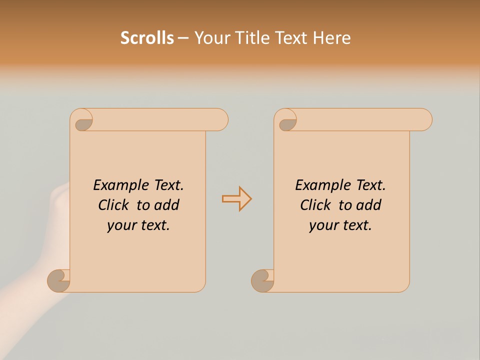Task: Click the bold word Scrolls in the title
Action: tap(147, 38)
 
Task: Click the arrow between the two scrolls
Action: tap(236, 199)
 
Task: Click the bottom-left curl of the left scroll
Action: tap(59, 280)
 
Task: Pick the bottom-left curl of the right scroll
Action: tap(262, 280)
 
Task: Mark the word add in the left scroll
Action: tap(166, 205)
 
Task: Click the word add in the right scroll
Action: tap(368, 205)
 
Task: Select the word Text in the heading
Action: tap(291, 38)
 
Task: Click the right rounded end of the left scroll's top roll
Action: tap(220, 119)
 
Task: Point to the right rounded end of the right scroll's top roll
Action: tap(424, 119)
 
